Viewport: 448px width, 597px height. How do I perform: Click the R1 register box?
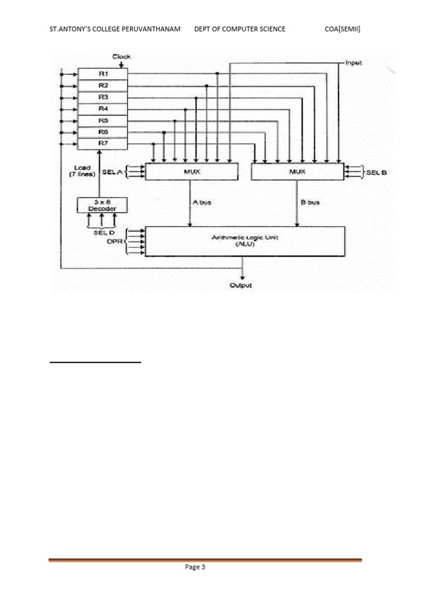(x=103, y=74)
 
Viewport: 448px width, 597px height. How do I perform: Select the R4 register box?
(x=103, y=109)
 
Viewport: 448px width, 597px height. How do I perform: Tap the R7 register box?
(x=103, y=143)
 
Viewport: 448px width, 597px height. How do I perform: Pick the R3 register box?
(x=103, y=97)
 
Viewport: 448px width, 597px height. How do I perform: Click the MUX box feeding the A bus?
(x=191, y=172)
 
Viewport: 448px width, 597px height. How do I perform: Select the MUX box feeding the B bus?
(x=297, y=172)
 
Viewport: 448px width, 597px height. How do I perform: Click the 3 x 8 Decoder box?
(x=102, y=205)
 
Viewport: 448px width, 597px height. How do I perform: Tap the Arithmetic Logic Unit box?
(x=245, y=241)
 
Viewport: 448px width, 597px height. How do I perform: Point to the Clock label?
(x=121, y=57)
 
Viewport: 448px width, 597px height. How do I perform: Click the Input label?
(x=353, y=62)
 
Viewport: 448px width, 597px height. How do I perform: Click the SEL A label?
(x=111, y=172)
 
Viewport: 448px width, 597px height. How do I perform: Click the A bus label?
(x=202, y=202)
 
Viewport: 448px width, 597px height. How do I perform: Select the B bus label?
(x=309, y=202)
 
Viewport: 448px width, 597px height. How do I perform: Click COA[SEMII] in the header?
(x=342, y=29)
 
